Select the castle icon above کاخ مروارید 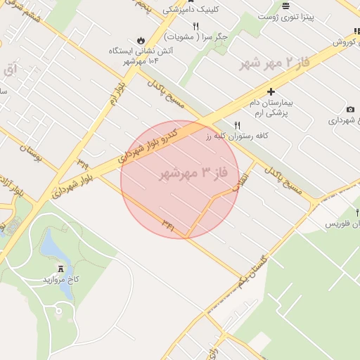pyautogui.click(x=61, y=268)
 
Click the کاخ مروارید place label pyautogui.click(x=62, y=279)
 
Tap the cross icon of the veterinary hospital pyautogui.click(x=271, y=91)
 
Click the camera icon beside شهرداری pyautogui.click(x=350, y=110)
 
